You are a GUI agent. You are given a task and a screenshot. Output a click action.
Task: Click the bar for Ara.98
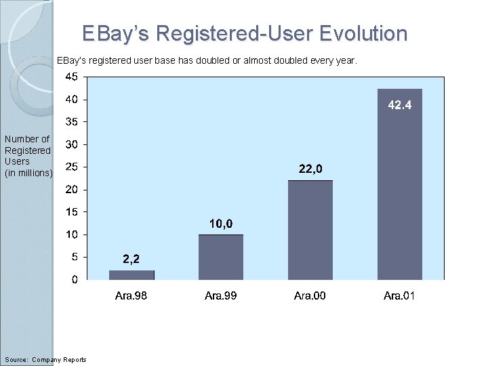click(131, 274)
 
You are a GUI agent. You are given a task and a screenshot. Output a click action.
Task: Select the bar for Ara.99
click(221, 257)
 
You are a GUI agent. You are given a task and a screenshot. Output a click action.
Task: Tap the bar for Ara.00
click(310, 230)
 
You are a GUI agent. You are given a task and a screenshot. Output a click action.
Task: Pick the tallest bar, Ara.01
click(400, 184)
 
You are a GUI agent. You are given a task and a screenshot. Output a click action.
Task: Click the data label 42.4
click(400, 105)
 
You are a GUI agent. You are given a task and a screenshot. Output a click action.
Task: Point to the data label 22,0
click(310, 169)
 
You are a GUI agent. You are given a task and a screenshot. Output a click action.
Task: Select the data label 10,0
click(221, 224)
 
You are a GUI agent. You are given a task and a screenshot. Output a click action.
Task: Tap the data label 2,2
click(131, 258)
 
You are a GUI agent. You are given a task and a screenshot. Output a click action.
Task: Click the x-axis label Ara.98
click(131, 296)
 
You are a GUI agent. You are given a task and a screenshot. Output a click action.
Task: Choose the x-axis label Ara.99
click(221, 296)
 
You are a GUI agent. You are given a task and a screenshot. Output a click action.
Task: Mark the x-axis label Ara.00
click(310, 296)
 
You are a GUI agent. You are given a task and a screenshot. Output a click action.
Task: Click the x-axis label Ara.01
click(399, 296)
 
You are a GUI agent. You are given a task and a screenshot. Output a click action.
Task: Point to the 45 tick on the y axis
click(71, 77)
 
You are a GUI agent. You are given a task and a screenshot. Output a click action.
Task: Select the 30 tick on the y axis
click(71, 144)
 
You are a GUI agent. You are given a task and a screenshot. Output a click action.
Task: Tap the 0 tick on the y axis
click(74, 279)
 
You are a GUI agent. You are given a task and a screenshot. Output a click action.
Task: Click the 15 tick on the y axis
click(71, 211)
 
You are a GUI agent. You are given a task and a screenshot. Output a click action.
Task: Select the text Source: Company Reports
click(45, 359)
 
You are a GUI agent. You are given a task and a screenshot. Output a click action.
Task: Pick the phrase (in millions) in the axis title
click(28, 173)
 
